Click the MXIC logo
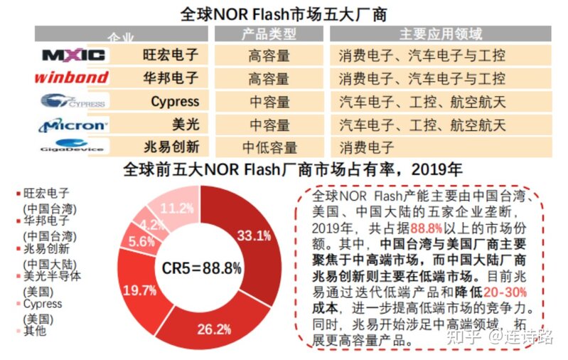click(74, 55)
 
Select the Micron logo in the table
click(73, 125)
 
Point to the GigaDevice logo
click(73, 147)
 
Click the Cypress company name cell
click(175, 102)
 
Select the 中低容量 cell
click(269, 148)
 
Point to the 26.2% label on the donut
click(214, 329)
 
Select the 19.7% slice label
click(139, 290)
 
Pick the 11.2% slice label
click(178, 208)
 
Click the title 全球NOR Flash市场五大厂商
click(284, 14)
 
